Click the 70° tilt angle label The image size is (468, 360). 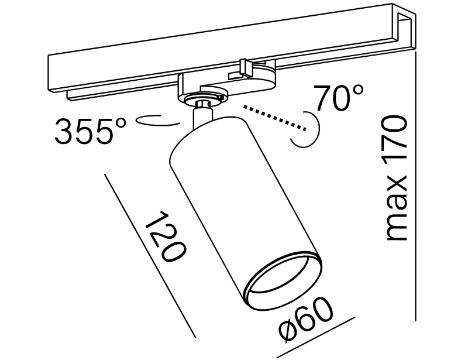339,98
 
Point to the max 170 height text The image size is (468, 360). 396,178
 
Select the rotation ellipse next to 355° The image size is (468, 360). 156,121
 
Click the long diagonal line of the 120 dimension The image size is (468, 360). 149,255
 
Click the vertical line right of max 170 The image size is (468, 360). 415,187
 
